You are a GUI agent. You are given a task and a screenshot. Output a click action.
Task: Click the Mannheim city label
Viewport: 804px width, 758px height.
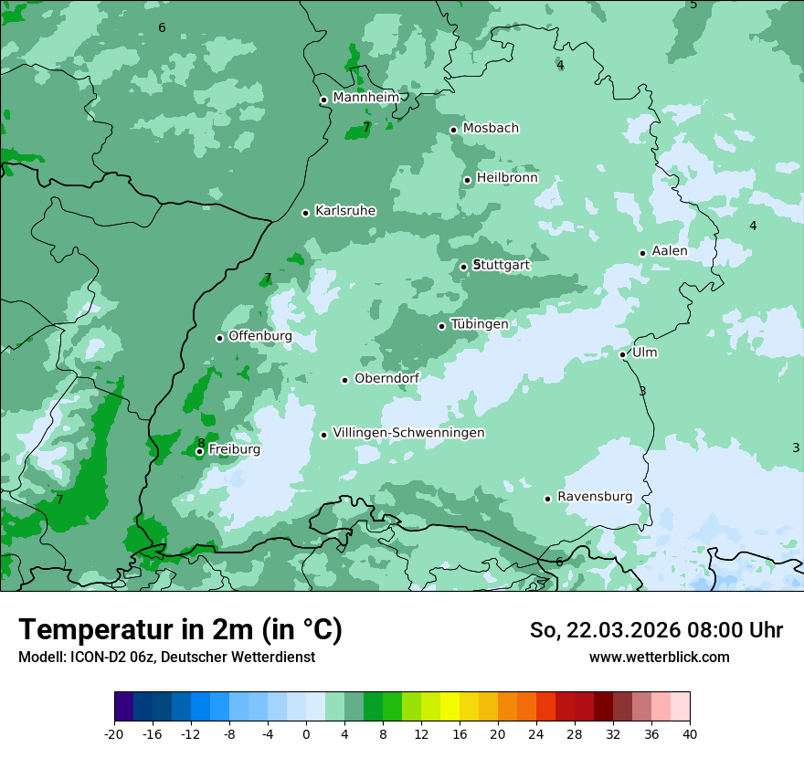[365, 98]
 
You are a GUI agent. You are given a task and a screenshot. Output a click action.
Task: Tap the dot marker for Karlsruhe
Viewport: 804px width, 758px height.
[306, 213]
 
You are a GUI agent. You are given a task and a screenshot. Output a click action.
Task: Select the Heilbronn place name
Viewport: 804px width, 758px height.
[507, 178]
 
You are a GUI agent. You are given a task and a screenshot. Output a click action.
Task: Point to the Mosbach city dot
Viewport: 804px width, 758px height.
[453, 130]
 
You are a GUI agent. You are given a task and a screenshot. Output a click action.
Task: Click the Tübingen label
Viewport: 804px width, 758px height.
[480, 324]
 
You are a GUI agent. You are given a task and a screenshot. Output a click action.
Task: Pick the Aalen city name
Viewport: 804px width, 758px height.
[670, 251]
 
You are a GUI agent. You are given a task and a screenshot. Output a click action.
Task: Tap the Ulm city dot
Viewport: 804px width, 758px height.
[623, 354]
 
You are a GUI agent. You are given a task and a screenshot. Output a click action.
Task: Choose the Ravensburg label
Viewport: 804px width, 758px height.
[595, 497]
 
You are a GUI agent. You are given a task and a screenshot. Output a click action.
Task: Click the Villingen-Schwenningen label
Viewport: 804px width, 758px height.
[408, 433]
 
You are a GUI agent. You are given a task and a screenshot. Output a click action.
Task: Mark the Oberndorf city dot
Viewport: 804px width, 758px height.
[345, 380]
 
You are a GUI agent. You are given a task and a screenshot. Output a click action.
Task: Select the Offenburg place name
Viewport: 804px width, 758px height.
[260, 336]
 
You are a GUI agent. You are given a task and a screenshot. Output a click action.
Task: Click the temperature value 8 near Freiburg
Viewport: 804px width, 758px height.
[201, 443]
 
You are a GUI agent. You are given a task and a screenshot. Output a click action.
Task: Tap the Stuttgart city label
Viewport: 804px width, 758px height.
[503, 265]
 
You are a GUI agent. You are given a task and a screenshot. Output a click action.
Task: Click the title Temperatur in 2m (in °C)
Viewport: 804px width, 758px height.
[181, 629]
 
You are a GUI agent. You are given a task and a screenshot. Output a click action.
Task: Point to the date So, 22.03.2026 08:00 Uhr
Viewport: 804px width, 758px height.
[656, 630]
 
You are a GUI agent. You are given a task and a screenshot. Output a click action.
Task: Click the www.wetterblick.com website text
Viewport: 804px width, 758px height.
[659, 657]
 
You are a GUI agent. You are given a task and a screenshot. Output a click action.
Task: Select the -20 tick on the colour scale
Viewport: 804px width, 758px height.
[114, 733]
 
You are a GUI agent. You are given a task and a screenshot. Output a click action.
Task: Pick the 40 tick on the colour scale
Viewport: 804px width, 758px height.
[689, 733]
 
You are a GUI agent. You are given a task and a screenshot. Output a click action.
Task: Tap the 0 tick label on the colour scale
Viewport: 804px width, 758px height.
[306, 733]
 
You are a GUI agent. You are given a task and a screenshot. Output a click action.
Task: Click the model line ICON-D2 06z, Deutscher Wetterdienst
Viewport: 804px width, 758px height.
[166, 657]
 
